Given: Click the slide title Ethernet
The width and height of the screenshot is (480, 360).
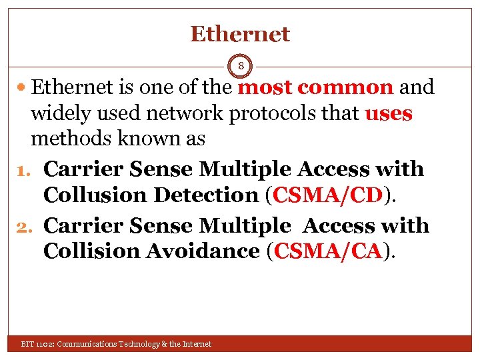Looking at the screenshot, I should [x=240, y=34].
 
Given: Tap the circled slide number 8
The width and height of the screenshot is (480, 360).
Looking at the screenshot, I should [x=240, y=66].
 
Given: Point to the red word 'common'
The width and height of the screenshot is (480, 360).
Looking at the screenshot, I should [x=346, y=87].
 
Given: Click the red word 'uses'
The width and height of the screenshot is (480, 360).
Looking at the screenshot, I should [x=389, y=114].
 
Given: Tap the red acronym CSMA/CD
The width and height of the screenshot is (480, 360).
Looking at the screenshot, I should [x=327, y=195].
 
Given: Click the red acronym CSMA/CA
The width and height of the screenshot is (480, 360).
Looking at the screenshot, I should [x=327, y=251].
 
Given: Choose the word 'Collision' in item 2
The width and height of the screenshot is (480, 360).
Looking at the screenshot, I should [x=90, y=251].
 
